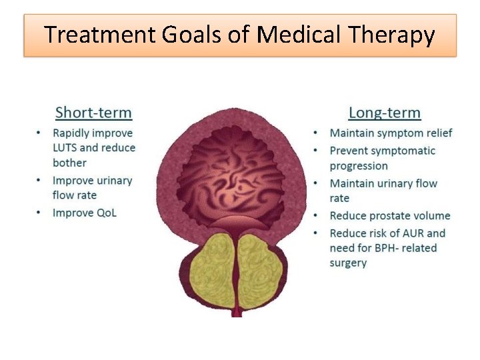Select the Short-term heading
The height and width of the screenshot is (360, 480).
[93, 113]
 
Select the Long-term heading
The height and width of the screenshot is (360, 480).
[385, 113]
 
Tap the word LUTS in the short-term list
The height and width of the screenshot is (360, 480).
[65, 148]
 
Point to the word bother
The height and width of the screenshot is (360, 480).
[69, 163]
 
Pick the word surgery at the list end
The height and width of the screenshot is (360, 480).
[348, 263]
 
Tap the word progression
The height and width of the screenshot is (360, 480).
[359, 166]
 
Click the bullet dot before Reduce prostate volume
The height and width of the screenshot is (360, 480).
[315, 216]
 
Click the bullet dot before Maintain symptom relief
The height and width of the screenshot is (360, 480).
[315, 133]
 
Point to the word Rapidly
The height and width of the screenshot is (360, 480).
[73, 133]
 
